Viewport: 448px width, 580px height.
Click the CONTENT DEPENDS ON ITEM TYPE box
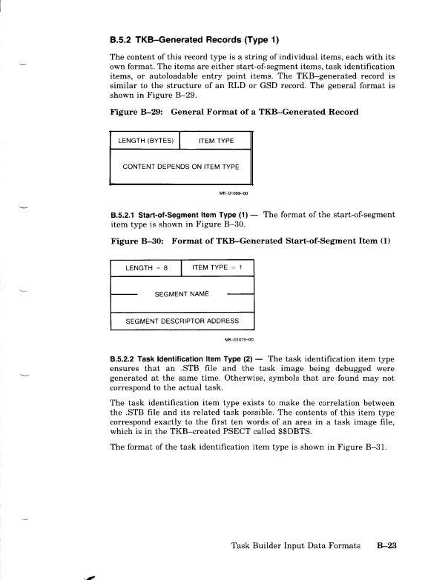[181, 166]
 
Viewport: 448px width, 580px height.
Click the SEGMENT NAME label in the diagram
[182, 294]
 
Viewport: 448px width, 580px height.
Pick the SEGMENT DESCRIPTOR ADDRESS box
[182, 321]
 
